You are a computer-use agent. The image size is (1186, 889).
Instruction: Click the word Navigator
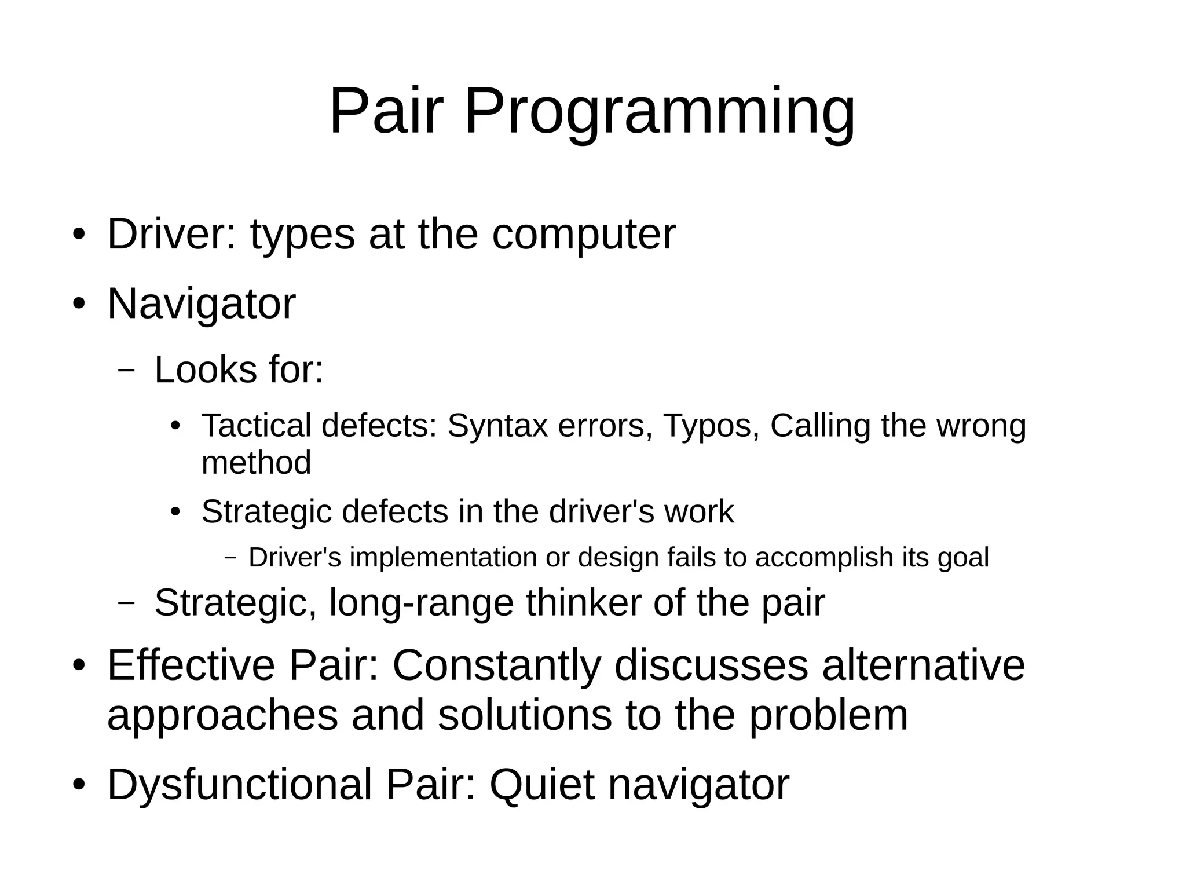tap(201, 305)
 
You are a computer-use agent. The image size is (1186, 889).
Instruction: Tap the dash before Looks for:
tap(126, 370)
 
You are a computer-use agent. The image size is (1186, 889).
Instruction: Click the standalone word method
tap(256, 463)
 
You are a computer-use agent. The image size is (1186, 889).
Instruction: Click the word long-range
tap(421, 603)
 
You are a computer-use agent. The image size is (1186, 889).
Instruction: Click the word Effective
tap(191, 665)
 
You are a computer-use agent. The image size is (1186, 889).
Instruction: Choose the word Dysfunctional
tap(239, 785)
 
